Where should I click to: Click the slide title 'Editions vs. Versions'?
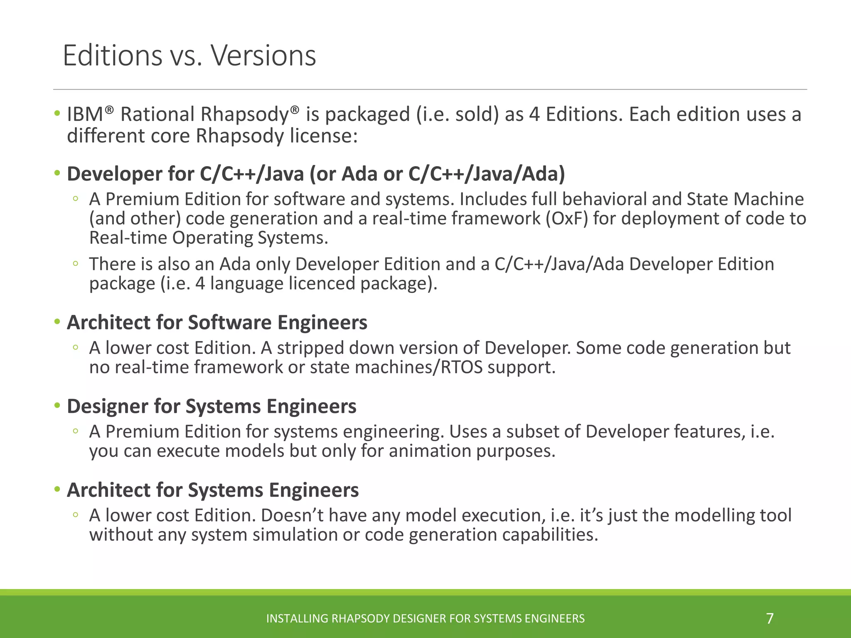coord(189,56)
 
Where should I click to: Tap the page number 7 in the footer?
coord(770,618)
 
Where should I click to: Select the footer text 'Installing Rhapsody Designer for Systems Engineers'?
coord(425,618)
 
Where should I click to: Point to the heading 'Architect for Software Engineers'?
coord(217,322)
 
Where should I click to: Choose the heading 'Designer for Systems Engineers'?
coord(212,406)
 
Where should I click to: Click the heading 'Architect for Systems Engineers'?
coord(213,490)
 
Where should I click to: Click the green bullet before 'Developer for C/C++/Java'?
coord(57,173)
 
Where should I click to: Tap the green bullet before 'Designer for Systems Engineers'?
coord(57,405)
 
